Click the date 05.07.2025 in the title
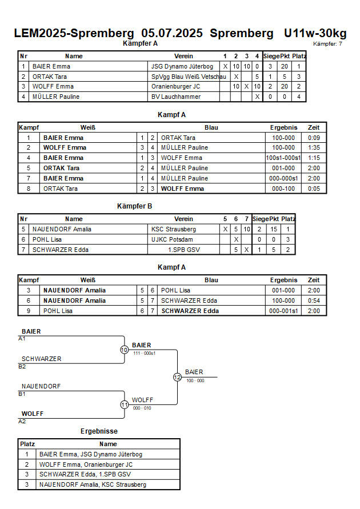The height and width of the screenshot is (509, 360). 172,33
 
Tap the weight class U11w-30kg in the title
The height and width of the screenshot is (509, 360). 315,33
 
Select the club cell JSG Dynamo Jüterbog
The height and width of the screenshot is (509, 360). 182,66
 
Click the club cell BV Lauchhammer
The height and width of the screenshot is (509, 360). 176,97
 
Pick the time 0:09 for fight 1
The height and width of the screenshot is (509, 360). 314,138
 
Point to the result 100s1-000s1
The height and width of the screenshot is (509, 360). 283,158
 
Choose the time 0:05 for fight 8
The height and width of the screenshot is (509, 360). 314,189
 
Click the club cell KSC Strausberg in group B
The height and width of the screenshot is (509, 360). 174,229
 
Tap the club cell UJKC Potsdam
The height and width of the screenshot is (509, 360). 172,239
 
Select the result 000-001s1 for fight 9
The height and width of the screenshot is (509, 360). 283,311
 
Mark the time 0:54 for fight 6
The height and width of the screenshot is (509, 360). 314,300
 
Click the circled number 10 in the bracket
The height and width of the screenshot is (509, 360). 125,350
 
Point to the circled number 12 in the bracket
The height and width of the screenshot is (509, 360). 177,377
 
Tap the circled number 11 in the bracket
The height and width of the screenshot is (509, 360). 125,405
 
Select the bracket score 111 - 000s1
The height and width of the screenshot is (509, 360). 145,353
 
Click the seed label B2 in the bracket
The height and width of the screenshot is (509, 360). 22,367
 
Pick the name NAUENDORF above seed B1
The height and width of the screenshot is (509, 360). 41,386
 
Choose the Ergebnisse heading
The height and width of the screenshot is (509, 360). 99,431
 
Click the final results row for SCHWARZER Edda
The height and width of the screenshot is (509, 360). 99,474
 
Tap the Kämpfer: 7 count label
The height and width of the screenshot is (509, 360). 327,44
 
